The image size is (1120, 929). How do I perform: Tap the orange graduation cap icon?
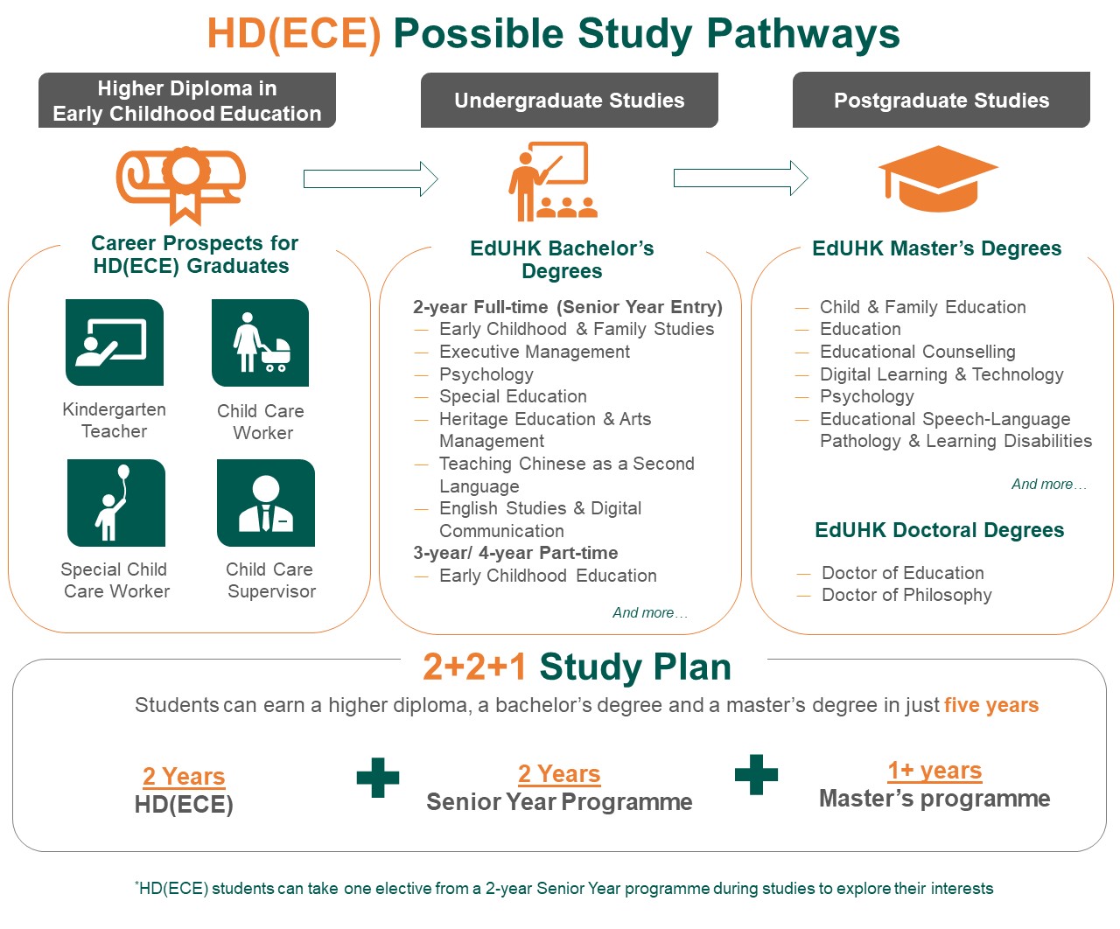[x=938, y=178]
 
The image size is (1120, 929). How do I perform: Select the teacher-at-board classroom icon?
[x=553, y=182]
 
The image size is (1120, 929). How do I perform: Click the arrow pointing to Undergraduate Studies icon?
[x=370, y=179]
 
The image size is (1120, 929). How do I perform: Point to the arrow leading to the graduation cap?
[x=740, y=178]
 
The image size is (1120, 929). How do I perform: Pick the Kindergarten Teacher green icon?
[x=115, y=342]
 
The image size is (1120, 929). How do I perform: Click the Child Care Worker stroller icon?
[x=261, y=343]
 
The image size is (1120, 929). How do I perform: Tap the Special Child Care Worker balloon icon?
[x=116, y=503]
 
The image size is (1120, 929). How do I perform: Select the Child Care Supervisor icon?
[x=266, y=503]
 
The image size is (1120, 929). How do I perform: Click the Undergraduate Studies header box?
[x=569, y=101]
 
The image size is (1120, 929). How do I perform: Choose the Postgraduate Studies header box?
[x=941, y=101]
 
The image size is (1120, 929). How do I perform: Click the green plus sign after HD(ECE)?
[x=378, y=777]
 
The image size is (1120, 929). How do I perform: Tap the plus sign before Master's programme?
[x=756, y=775]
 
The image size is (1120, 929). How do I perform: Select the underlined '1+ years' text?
[x=934, y=771]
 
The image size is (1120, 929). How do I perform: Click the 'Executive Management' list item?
[x=534, y=352]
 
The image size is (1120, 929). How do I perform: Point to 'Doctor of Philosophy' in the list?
[x=906, y=595]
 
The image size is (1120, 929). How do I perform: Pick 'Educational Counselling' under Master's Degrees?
[x=917, y=352]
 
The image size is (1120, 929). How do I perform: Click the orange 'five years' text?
[x=991, y=705]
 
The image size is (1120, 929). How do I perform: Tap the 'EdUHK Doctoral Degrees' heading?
[x=939, y=530]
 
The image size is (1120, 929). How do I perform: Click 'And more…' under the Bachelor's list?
[x=650, y=613]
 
